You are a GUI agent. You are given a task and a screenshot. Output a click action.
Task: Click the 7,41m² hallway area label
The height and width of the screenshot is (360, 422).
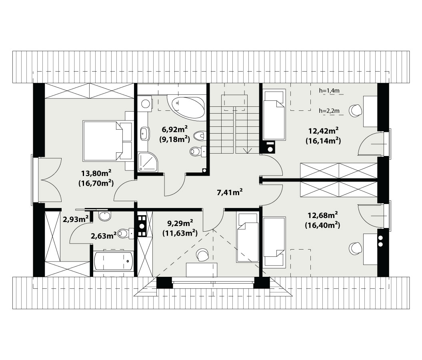(230, 192)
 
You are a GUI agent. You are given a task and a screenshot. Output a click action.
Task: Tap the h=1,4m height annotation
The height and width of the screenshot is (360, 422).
(329, 91)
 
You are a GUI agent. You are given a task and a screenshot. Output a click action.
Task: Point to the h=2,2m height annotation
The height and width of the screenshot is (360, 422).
(329, 110)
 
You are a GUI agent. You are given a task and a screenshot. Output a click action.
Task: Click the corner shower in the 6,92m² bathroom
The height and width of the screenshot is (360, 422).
(148, 162)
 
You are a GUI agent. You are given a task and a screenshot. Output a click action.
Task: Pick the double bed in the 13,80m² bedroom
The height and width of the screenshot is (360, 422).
(108, 141)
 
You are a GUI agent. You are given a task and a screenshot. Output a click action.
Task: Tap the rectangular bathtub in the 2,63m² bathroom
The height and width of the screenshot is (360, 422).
(113, 261)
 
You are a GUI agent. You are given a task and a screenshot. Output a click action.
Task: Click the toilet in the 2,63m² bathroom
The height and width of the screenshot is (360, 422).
(126, 233)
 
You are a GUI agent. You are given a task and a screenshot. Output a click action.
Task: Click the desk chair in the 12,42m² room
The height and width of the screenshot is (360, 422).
(356, 110)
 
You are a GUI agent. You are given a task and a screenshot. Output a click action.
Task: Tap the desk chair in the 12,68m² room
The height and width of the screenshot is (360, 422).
(355, 248)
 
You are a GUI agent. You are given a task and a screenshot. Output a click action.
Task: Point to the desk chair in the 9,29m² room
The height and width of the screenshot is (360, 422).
(202, 254)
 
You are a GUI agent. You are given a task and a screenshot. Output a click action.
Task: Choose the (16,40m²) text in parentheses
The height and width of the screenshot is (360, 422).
(322, 225)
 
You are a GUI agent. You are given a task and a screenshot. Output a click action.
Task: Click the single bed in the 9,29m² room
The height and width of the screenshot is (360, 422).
(247, 238)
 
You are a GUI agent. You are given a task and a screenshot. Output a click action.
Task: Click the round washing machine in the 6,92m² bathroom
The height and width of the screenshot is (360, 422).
(146, 104)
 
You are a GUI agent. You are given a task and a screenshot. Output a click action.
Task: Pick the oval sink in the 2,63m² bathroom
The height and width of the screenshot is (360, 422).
(104, 216)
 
